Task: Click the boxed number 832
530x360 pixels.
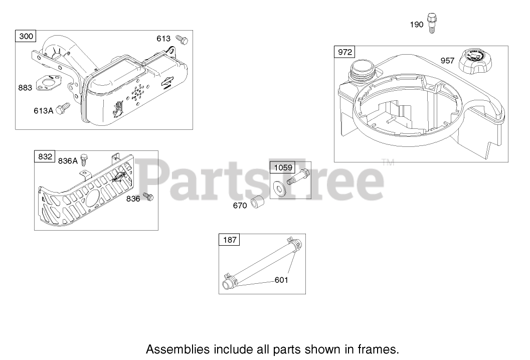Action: point(44,156)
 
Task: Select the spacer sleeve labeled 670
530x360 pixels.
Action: point(259,204)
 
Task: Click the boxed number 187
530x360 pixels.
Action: point(229,240)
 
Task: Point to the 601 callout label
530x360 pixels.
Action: point(281,280)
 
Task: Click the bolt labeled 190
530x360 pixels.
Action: point(432,24)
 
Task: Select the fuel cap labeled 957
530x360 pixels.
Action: point(477,60)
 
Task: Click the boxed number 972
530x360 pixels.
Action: point(345,52)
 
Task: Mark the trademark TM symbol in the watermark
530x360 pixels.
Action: point(388,162)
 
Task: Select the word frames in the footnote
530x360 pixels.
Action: point(382,348)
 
